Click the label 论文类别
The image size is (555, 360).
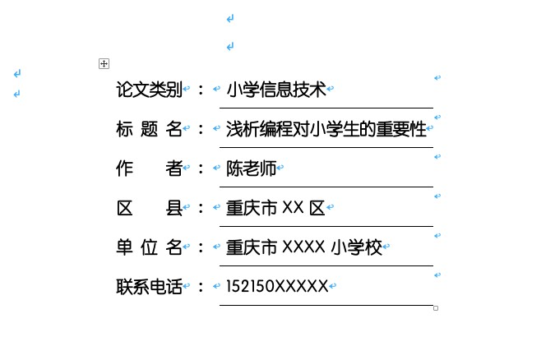(149, 90)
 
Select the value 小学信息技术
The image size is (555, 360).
(276, 90)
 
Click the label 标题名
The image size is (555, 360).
(149, 129)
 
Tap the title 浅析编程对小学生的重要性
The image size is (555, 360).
(326, 129)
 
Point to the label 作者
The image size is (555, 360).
(149, 168)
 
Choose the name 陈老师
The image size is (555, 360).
(251, 168)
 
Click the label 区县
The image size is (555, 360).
(149, 208)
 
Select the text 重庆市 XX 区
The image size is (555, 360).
(275, 208)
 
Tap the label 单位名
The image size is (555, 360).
(149, 247)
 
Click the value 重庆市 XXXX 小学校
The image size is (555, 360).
(303, 247)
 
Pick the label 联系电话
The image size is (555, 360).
(149, 286)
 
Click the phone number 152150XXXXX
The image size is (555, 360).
(277, 286)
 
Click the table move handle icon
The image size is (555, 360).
(104, 64)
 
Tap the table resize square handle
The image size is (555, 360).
(436, 308)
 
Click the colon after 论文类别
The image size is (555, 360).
(201, 90)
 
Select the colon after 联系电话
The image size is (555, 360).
(201, 287)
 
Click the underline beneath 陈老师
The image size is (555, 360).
(326, 187)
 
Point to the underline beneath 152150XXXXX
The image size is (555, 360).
(326, 305)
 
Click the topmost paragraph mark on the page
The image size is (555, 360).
(230, 18)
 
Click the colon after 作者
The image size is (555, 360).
(201, 168)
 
